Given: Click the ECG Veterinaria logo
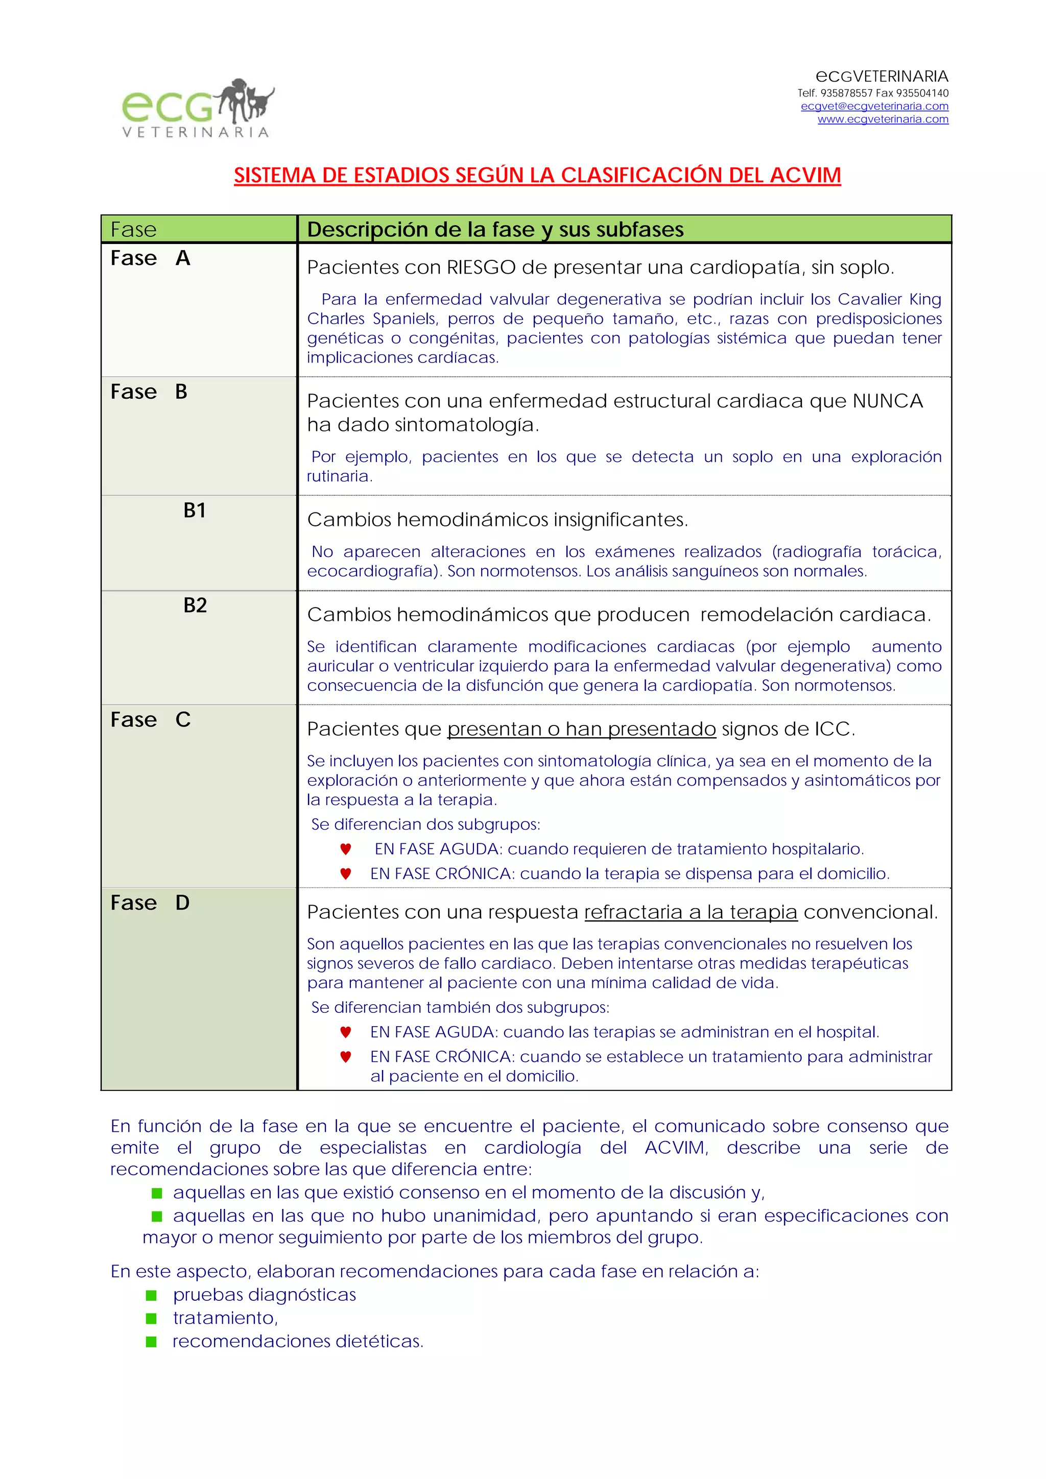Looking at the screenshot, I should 197,108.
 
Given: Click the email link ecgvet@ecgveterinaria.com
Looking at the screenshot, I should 874,106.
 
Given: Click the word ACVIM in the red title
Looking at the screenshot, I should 805,175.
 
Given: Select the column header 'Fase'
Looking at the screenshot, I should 133,229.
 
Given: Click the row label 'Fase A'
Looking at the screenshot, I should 150,258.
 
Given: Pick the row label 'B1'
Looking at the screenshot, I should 195,510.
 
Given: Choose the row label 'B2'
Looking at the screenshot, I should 195,605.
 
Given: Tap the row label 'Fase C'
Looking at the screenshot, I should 150,719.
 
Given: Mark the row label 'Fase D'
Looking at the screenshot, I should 150,903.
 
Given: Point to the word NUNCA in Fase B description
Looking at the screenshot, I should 888,401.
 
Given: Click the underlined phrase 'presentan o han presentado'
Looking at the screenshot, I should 581,729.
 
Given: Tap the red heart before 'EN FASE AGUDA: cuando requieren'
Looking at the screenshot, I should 345,849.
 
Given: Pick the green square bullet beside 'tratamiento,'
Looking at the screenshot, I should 152,1318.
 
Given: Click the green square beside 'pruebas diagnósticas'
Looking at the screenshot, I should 152,1295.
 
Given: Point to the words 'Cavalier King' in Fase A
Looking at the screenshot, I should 889,300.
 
